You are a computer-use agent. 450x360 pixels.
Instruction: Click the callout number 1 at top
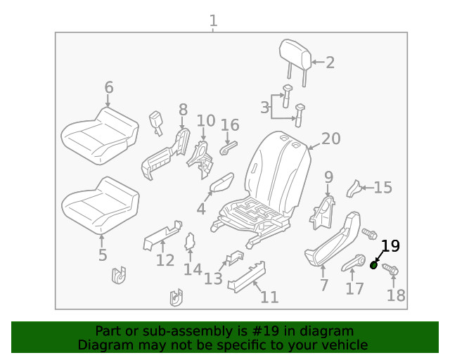coord(213,21)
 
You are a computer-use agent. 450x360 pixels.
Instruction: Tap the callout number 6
coord(108,88)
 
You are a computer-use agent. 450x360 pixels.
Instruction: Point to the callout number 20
coord(330,139)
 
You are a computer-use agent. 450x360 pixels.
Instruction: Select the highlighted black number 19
coord(390,246)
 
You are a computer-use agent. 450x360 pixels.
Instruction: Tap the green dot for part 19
coord(373,265)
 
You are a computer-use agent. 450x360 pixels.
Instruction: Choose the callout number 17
coord(355,288)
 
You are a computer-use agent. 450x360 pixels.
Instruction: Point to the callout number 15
coord(382,188)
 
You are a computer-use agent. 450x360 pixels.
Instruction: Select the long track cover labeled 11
coord(246,275)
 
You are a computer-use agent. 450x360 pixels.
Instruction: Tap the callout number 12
coord(165,261)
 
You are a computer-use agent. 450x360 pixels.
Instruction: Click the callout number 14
coord(193,269)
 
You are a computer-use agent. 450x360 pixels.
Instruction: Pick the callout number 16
coord(230,126)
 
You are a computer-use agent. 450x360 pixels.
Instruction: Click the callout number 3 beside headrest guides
coord(265,108)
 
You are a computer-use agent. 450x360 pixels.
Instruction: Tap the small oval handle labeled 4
coord(222,184)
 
